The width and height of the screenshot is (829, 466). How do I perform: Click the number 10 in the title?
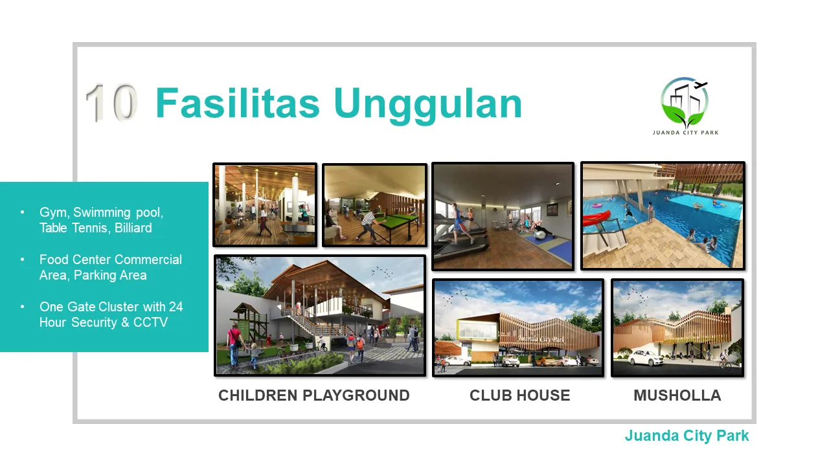(x=111, y=102)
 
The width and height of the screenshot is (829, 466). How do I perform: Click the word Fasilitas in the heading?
(x=238, y=103)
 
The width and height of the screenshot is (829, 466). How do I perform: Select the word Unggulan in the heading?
(x=428, y=105)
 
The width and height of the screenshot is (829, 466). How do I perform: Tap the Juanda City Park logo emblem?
(x=685, y=102)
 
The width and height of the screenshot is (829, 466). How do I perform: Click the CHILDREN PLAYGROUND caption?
(x=314, y=395)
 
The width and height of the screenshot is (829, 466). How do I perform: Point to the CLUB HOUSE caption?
(x=519, y=395)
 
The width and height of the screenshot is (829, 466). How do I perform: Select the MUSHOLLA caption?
(x=677, y=395)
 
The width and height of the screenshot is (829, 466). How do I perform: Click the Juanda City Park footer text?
(x=687, y=436)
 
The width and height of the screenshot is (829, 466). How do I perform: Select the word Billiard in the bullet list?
(x=133, y=228)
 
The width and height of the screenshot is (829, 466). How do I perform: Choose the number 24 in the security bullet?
(x=176, y=307)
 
